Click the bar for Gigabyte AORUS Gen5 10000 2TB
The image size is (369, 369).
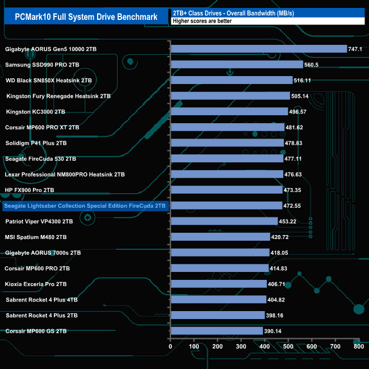(x=258, y=49)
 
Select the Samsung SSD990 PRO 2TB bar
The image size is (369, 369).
(x=237, y=65)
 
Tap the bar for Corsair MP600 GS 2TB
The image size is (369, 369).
(x=216, y=330)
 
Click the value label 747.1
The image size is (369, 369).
(x=355, y=49)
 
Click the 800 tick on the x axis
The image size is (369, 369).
(x=358, y=346)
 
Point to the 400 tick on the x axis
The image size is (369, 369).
(x=265, y=346)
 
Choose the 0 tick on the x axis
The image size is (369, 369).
(x=170, y=346)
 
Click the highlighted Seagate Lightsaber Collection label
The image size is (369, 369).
(x=85, y=206)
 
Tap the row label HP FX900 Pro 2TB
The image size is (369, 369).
(x=30, y=190)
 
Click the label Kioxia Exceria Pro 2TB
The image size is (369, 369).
(x=37, y=283)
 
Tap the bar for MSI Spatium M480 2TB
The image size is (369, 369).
(x=220, y=237)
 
